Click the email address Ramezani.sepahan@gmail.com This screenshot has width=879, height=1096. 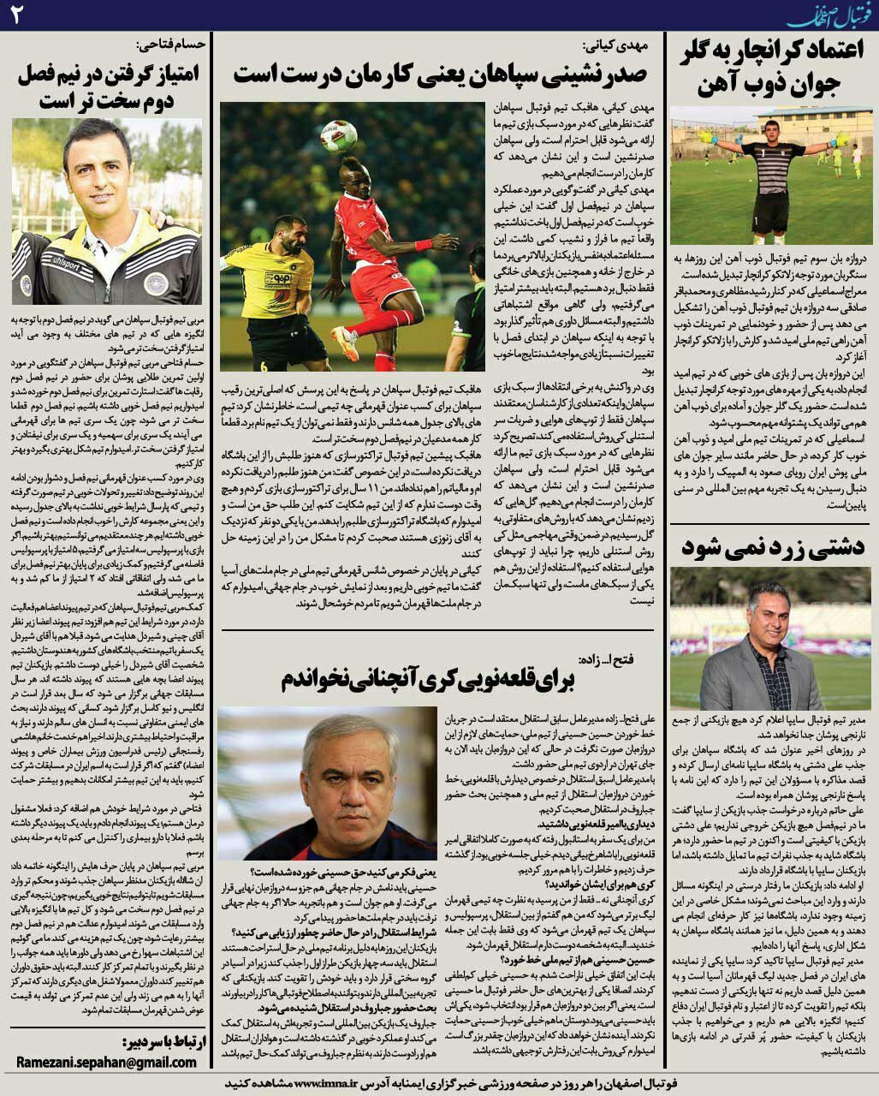tap(107, 1062)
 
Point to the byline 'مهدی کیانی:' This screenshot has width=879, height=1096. tap(614, 45)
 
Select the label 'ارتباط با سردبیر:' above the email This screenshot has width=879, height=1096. tap(157, 1040)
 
